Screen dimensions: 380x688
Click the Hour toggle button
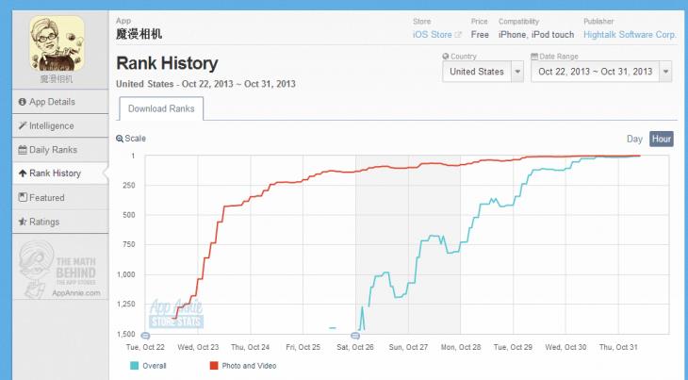662,140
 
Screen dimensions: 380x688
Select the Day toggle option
635,140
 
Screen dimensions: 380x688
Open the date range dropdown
601,72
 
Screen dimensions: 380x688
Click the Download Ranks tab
161,109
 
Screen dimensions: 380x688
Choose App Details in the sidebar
52,102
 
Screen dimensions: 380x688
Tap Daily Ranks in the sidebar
53,150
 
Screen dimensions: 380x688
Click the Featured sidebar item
46,198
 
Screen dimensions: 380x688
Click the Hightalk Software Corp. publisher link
630,35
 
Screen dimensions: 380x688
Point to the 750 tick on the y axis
130,245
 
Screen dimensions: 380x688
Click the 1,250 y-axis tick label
125,305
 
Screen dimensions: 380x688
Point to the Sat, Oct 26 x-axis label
358,346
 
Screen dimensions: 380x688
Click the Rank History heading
166,64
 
